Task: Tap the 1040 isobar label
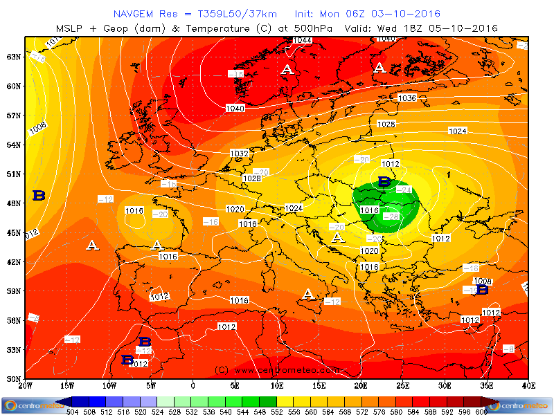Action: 235,109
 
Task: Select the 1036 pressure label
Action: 407,98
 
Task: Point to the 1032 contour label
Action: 239,154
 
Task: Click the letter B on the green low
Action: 384,181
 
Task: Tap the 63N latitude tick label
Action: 13,57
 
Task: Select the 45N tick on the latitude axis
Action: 13,232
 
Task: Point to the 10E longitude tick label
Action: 277,385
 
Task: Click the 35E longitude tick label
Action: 487,385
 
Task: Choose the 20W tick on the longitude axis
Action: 26,385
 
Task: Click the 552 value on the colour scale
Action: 277,410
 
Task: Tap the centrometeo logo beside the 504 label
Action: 28,405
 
